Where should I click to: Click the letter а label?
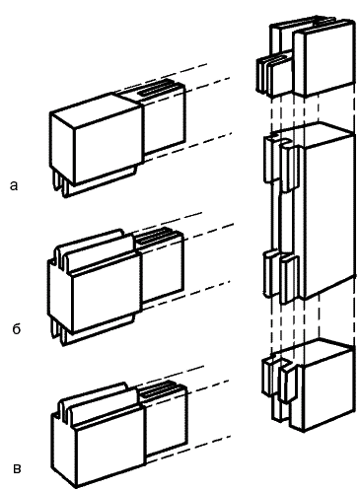click(14, 186)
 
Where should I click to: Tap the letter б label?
click(17, 328)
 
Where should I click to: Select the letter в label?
click(17, 469)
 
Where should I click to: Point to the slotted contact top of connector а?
click(156, 88)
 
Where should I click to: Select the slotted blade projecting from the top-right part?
click(274, 75)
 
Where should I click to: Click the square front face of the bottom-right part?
click(328, 387)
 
